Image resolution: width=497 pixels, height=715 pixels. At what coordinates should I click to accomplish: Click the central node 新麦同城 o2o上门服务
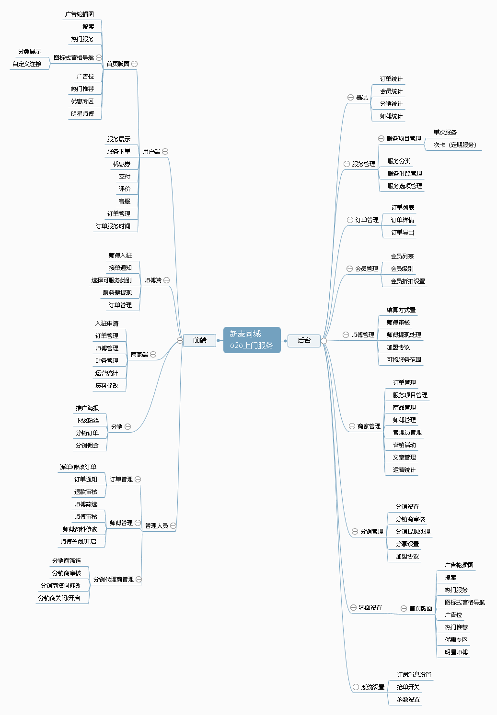tap(252, 340)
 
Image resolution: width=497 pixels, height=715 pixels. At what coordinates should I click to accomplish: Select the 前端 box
tap(200, 340)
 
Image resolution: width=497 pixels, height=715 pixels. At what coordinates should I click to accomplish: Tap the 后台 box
tap(304, 341)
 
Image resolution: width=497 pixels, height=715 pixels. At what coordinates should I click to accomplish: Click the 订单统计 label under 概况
tap(391, 79)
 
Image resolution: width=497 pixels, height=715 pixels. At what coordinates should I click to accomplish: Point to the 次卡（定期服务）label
tap(455, 145)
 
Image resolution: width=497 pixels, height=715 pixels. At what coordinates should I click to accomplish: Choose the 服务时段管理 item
tap(405, 174)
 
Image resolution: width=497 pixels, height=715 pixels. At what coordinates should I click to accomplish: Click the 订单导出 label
tap(402, 233)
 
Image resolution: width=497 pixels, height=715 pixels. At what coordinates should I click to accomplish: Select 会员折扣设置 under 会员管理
tap(408, 281)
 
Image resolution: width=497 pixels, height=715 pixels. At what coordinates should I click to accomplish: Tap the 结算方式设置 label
tap(401, 310)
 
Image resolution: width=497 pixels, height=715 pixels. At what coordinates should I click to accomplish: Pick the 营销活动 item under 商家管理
tap(404, 445)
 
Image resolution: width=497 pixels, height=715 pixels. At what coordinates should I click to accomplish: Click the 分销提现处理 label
tap(413, 532)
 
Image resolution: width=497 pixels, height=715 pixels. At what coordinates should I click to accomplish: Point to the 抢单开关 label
tap(408, 687)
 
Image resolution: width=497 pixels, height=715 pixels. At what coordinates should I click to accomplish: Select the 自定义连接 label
tap(27, 64)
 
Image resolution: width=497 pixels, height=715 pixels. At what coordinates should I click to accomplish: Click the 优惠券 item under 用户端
tap(121, 164)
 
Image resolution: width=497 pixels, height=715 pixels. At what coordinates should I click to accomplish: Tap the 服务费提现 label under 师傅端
tap(117, 293)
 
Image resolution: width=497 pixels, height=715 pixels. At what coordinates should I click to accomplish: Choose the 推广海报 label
tap(87, 408)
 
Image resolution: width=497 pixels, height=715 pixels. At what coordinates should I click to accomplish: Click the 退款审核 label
tap(85, 492)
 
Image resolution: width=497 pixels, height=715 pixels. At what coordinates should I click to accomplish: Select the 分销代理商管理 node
tap(114, 580)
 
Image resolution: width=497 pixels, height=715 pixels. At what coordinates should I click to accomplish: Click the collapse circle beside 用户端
tap(165, 152)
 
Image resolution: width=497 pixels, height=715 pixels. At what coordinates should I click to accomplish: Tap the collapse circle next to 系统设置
tap(356, 687)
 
